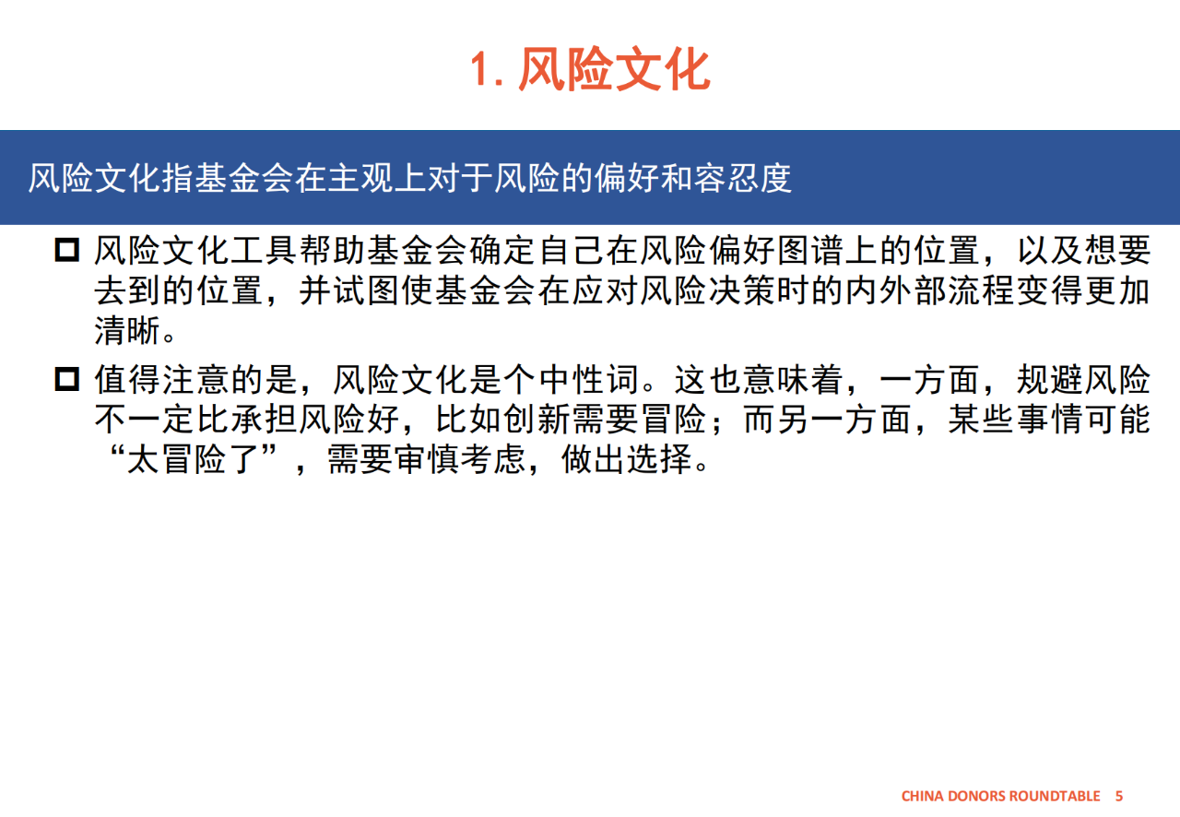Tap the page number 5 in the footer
1119,796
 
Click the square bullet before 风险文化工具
67,250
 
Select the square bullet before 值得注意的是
67,379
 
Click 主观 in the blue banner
360,178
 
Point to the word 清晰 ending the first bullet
128,330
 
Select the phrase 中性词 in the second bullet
589,379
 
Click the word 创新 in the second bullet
537,420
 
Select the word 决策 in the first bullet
742,290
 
